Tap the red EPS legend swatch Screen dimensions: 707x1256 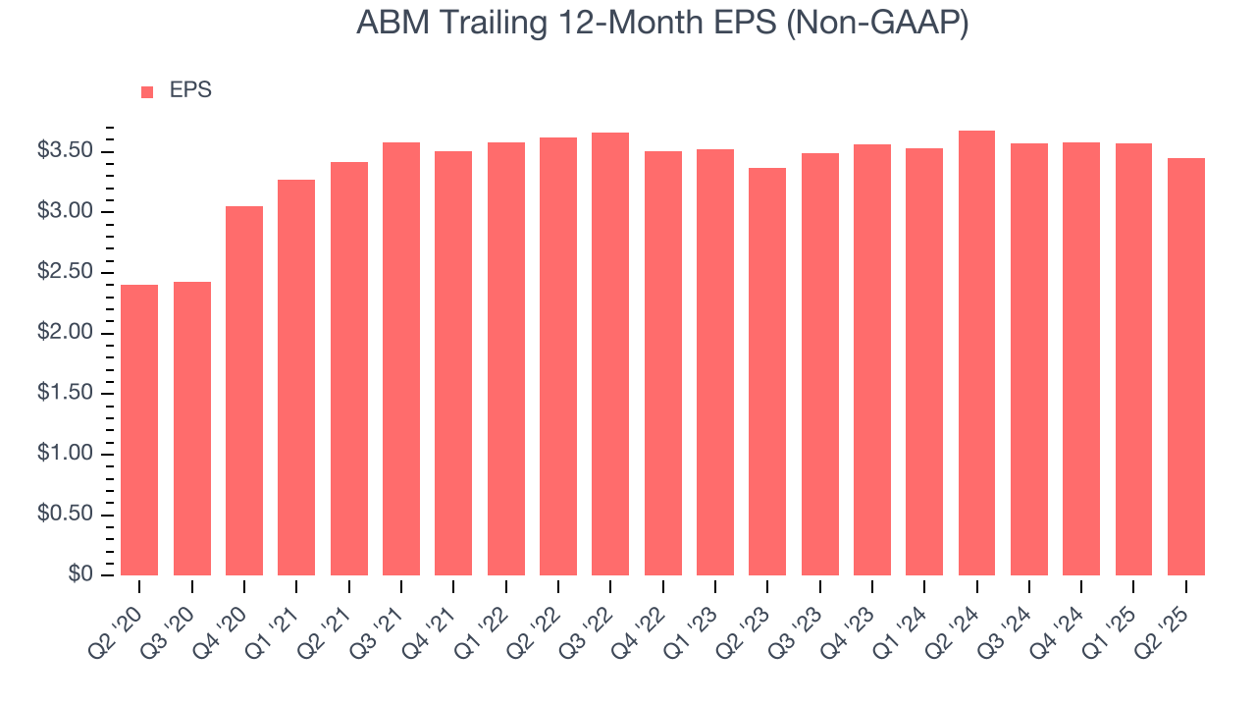pyautogui.click(x=147, y=91)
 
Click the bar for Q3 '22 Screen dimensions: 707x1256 pyautogui.click(x=610, y=353)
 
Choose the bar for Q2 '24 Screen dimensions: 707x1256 pyautogui.click(x=976, y=353)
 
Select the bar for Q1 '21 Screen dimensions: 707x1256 pyautogui.click(x=296, y=377)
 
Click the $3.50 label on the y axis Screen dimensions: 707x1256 pyautogui.click(x=66, y=151)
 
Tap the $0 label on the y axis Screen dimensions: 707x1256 pyautogui.click(x=80, y=575)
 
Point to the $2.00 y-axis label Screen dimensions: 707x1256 pyautogui.click(x=66, y=333)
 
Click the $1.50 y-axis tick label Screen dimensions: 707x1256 pyautogui.click(x=66, y=394)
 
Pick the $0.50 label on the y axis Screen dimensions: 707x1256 pyautogui.click(x=66, y=515)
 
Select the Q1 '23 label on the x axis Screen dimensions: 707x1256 pyautogui.click(x=700, y=618)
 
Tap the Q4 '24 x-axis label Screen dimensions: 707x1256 pyautogui.click(x=1066, y=618)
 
